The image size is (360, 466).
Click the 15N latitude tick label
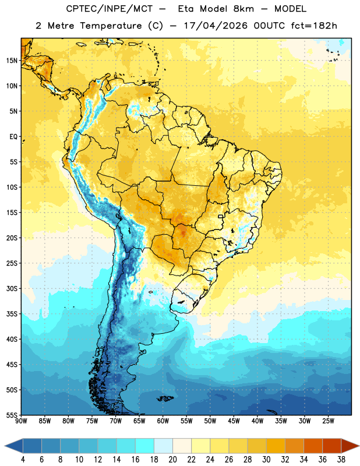[x=12, y=61]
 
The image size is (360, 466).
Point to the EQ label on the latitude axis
[x=13, y=137]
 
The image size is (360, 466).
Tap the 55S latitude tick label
[x=12, y=415]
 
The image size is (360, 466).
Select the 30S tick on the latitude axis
[x=12, y=288]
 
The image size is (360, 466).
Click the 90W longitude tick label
[x=21, y=421]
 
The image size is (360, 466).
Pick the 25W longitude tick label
[x=328, y=421]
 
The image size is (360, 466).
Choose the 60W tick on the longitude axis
[x=163, y=421]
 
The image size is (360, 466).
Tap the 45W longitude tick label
[x=234, y=421]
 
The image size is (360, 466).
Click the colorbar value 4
[x=23, y=460]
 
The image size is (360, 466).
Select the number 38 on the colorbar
[x=341, y=460]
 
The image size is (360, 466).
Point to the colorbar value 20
[x=172, y=460]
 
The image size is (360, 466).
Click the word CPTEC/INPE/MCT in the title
[x=110, y=9]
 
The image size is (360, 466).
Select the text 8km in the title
[x=243, y=9]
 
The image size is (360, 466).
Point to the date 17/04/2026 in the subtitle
[x=216, y=26]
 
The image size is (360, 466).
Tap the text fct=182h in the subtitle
[x=314, y=26]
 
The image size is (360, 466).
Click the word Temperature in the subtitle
[x=111, y=26]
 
